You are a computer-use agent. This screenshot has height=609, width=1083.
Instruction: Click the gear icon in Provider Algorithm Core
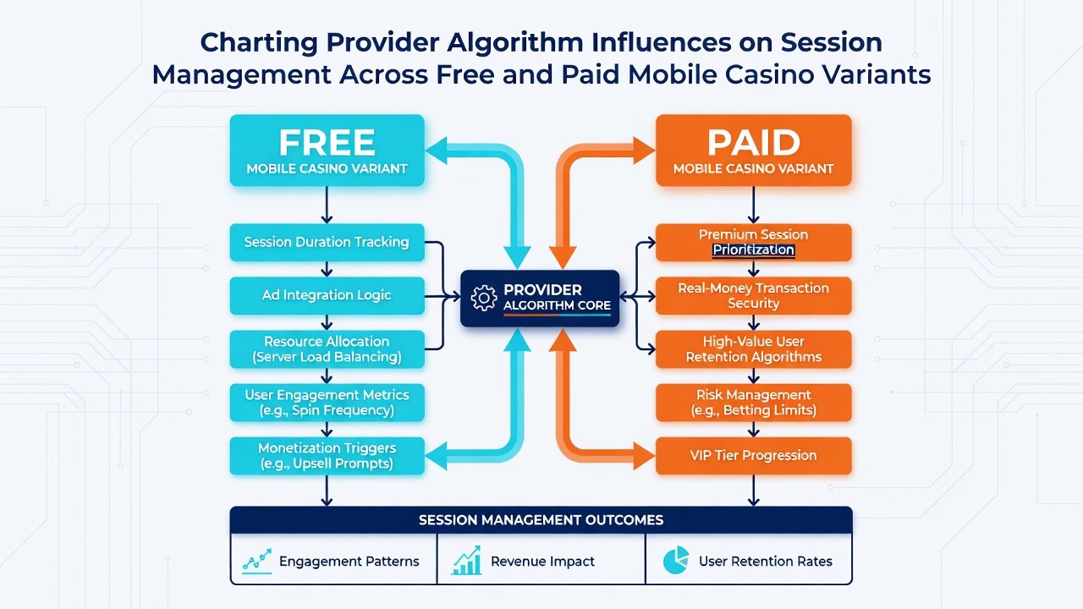point(483,298)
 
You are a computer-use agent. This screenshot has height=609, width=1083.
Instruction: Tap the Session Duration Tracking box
point(327,242)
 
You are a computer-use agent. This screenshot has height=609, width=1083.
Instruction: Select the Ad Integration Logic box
point(327,295)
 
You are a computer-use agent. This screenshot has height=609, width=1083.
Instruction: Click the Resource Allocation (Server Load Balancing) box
point(327,349)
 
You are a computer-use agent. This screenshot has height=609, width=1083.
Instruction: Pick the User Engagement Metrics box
point(327,402)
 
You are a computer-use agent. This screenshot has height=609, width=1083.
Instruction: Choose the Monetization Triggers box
point(327,456)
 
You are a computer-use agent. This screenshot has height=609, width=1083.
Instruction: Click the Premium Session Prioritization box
point(753,242)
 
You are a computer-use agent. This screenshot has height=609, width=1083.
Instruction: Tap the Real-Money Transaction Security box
point(753,295)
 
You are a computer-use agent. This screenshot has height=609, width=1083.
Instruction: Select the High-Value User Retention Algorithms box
point(753,349)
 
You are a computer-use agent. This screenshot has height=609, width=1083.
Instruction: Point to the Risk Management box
point(753,402)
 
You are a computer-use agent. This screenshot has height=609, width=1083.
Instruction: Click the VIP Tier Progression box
point(753,456)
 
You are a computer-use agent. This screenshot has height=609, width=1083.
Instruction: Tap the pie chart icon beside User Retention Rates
point(676,560)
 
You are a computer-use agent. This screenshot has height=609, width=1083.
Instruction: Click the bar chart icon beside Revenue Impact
point(466,560)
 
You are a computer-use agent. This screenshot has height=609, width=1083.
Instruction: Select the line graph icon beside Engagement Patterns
point(256,561)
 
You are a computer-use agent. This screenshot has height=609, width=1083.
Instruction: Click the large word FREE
point(327,142)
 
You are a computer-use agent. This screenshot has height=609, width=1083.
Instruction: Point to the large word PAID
point(753,142)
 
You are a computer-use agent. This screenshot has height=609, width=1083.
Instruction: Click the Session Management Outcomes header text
point(541,520)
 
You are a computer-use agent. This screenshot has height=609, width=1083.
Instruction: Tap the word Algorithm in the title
point(515,42)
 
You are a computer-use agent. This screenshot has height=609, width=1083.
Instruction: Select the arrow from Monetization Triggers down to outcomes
point(327,491)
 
